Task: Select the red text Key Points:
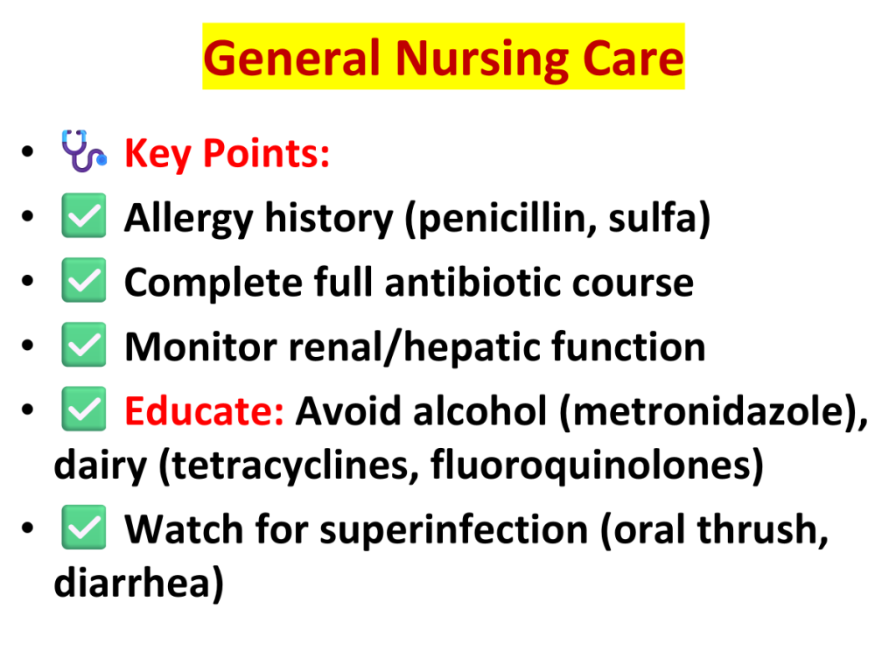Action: [x=227, y=154]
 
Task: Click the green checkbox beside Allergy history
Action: [x=83, y=215]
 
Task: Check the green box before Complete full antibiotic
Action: [x=83, y=280]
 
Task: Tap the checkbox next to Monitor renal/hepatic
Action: [x=83, y=345]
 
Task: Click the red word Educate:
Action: [x=204, y=411]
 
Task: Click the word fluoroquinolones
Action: [x=591, y=465]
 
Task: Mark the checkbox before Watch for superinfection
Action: [x=83, y=527]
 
